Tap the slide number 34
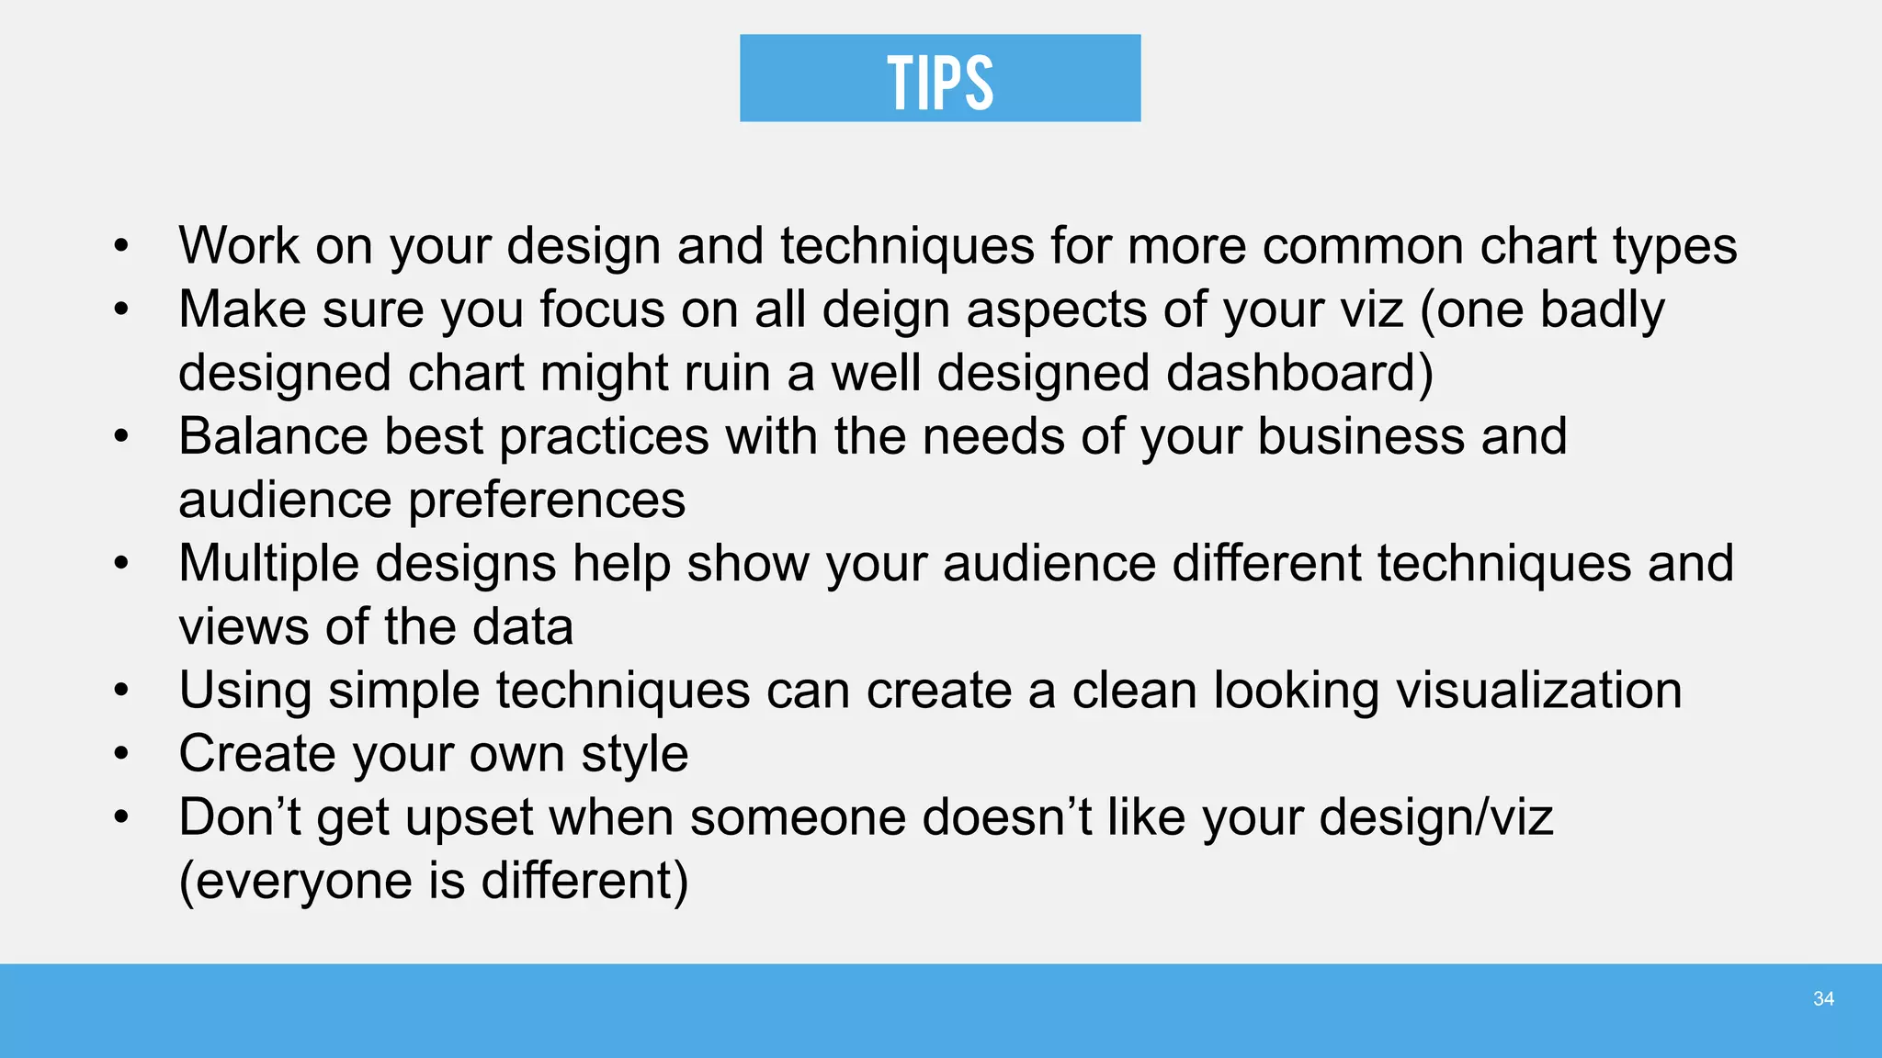(1823, 999)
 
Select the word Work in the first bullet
(239, 246)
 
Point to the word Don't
(240, 817)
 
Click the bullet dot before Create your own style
(121, 754)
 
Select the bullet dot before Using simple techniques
(121, 691)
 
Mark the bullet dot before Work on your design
(121, 246)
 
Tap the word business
(1360, 436)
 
